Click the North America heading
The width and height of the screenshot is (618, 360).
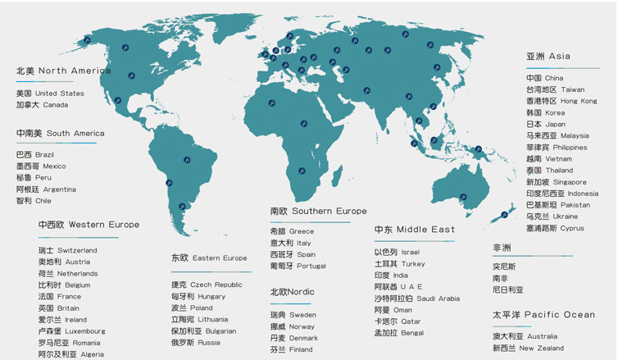(x=64, y=71)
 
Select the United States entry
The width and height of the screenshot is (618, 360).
(x=50, y=93)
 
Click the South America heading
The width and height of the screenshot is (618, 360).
(x=61, y=133)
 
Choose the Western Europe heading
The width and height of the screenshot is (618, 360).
(x=89, y=225)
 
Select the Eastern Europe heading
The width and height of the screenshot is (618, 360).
(x=209, y=258)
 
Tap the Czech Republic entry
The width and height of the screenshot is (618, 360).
(x=207, y=285)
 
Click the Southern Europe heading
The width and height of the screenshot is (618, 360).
(x=318, y=212)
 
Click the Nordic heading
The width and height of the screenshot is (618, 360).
(x=293, y=292)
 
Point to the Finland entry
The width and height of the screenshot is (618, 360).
(x=291, y=349)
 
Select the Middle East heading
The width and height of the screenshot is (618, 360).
(x=414, y=230)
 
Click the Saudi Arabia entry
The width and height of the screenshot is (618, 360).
(x=417, y=298)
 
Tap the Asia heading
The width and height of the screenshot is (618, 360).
(x=548, y=57)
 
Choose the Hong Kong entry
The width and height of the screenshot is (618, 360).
(x=561, y=101)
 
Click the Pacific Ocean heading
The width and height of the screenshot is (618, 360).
(x=544, y=315)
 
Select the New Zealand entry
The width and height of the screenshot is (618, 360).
(x=540, y=349)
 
